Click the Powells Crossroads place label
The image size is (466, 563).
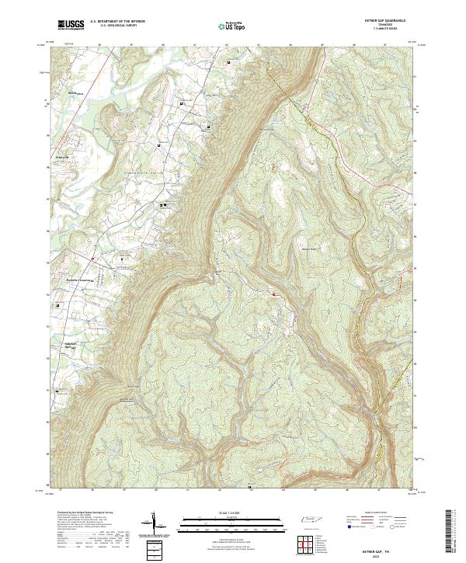coord(79,280)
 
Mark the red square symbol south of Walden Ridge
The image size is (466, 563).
coord(273,294)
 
